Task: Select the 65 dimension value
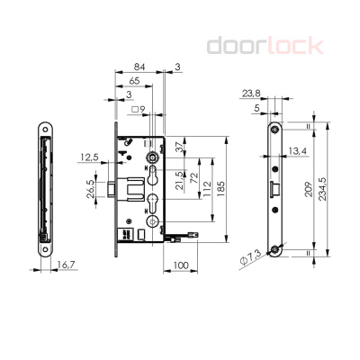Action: [x=134, y=80]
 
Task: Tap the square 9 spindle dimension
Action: [x=138, y=111]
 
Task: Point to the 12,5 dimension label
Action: [x=89, y=157]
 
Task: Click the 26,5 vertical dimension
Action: [x=90, y=192]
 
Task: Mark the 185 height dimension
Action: [x=221, y=190]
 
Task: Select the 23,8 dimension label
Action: [x=253, y=94]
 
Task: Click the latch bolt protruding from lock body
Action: [x=107, y=190]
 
